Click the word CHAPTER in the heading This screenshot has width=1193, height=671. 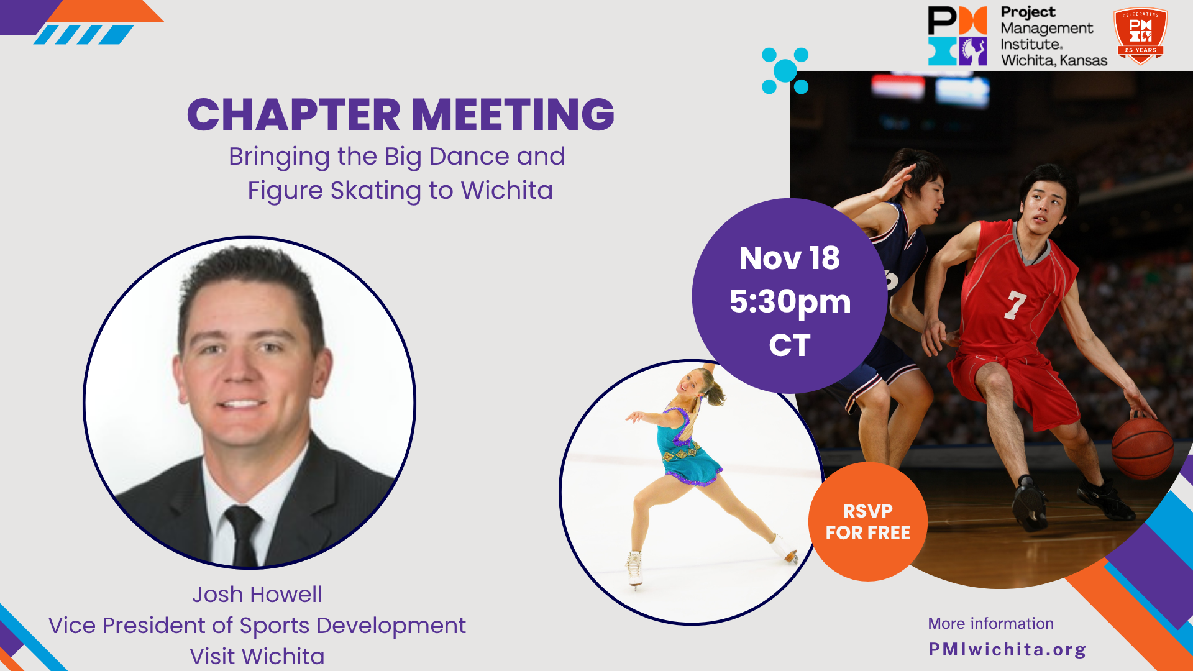pos(294,115)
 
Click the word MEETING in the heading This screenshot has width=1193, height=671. pos(513,115)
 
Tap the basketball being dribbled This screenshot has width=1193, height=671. pos(1142,447)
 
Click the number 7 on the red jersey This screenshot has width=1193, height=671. pos(1016,305)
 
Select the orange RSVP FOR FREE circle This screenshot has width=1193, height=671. pos(867,522)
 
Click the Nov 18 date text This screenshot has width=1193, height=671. pos(789,258)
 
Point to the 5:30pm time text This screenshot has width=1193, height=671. pos(790,303)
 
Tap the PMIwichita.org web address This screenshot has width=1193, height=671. pos(1007,649)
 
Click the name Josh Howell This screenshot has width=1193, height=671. pos(257,595)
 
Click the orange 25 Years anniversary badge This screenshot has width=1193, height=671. pos(1140,35)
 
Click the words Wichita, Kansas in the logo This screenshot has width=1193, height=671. pos(1054,60)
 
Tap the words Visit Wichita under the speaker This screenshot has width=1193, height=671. pos(257,657)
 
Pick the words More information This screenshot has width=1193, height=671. pos(990,623)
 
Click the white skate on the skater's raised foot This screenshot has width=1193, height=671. pos(785,549)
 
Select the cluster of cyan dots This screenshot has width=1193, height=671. pos(785,71)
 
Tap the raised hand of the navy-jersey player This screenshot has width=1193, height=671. pos(902,180)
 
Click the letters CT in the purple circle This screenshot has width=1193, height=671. pos(790,345)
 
